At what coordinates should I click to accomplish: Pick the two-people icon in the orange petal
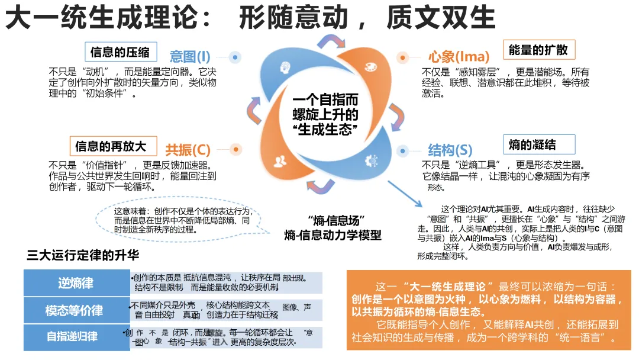pos(278,160)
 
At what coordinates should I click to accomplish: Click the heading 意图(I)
pos(190,57)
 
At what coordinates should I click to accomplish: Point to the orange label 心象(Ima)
pos(459,57)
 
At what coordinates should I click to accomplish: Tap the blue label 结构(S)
pos(450,149)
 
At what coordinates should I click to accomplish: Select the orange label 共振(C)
pos(188,149)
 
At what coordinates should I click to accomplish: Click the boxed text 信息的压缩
pos(120,52)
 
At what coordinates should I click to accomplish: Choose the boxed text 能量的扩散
pos(538,50)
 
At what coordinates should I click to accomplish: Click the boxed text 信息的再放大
pos(111,146)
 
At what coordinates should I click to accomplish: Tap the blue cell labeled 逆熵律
pos(76,283)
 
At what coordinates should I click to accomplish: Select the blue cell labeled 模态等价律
pos(76,310)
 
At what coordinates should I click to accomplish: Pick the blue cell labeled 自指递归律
pos(76,337)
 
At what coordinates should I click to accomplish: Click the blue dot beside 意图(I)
pos(235,57)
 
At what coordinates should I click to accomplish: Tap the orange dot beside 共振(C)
pos(235,149)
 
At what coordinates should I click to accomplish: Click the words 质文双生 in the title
pos(441,18)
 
